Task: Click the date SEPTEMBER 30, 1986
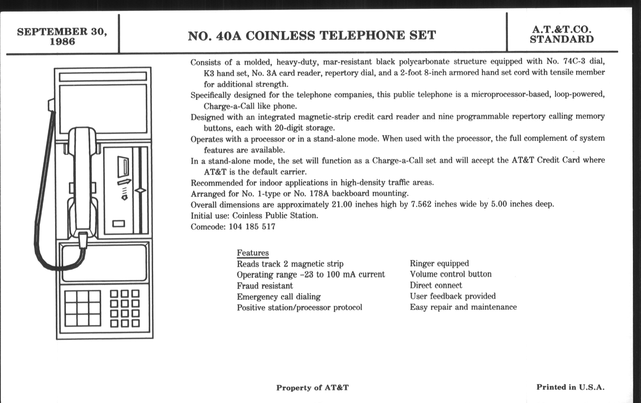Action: pyautogui.click(x=62, y=36)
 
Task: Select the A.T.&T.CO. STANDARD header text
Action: pyautogui.click(x=561, y=34)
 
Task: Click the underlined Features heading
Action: pyautogui.click(x=252, y=253)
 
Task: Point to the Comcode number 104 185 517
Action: pyautogui.click(x=252, y=227)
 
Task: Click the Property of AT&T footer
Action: pyautogui.click(x=312, y=387)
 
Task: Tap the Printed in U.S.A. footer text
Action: pyautogui.click(x=570, y=387)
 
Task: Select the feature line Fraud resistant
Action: pyautogui.click(x=265, y=286)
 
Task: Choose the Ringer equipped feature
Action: pyautogui.click(x=439, y=263)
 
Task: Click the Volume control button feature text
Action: pyautogui.click(x=450, y=274)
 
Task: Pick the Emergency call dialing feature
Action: pyautogui.click(x=279, y=297)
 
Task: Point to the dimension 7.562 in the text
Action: pyautogui.click(x=421, y=204)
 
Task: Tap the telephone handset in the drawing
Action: pyautogui.click(x=82, y=181)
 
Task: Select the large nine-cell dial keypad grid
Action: pyautogui.click(x=83, y=308)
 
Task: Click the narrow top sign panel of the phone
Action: pyautogui.click(x=103, y=77)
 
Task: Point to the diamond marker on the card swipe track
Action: pyautogui.click(x=140, y=190)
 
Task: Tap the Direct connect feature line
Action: pyautogui.click(x=436, y=286)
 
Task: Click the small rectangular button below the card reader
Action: pyautogui.click(x=119, y=224)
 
